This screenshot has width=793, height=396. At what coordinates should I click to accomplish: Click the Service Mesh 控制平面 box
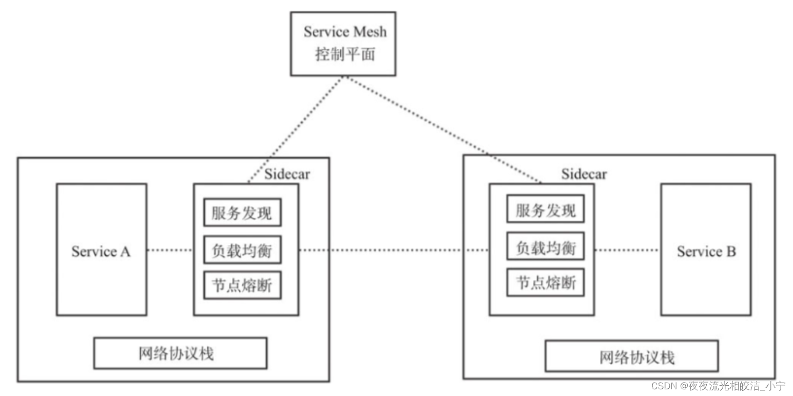(343, 44)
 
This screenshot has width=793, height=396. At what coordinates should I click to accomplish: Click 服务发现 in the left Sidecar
(242, 212)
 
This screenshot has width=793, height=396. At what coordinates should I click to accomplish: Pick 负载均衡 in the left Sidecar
(242, 251)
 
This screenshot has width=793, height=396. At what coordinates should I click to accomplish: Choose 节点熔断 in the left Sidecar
(242, 285)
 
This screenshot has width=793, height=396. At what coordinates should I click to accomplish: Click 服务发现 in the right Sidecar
(545, 209)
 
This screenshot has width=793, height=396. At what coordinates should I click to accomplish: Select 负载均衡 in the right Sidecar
(545, 247)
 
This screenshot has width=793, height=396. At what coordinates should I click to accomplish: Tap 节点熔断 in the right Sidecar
(545, 282)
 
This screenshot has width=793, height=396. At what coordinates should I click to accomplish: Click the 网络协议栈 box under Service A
(180, 353)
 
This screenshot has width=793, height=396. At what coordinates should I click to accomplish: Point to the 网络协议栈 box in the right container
(631, 356)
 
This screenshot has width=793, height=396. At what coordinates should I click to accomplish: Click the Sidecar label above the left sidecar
(287, 174)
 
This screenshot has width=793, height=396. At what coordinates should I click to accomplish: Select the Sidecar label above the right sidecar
(584, 174)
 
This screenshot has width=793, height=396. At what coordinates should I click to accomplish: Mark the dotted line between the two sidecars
(394, 250)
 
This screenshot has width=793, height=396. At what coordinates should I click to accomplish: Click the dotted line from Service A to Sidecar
(170, 250)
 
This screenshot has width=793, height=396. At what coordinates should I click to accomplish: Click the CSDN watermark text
(718, 386)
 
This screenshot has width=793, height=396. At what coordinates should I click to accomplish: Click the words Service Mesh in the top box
(345, 32)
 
